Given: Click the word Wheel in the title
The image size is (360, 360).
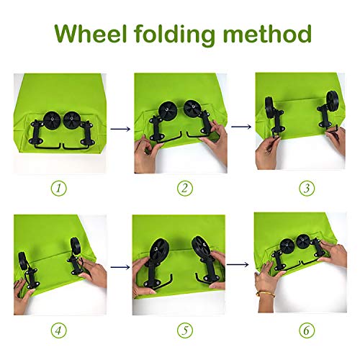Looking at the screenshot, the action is pos(91,33).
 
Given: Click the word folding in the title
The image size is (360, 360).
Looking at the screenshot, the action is pos(175,35).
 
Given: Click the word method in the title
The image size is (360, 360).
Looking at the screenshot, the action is pos(267,33).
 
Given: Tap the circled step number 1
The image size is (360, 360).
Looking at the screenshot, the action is pos(59,188).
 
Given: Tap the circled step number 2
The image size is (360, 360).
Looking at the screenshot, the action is pos(185,188).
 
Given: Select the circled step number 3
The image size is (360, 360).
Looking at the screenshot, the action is pos(307,188).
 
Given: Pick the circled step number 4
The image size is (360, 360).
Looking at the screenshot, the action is pos(59,330).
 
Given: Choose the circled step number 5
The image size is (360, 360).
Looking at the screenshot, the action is pos(185,330).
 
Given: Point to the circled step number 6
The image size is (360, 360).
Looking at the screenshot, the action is pos(307,330).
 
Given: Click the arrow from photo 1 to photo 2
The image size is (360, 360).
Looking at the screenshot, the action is pos(120,129).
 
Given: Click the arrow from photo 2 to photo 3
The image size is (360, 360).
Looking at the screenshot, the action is pos(241,127).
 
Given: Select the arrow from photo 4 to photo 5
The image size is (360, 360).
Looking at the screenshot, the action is pos(120,267).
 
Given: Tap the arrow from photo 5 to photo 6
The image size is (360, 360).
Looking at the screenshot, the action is pos(238,264).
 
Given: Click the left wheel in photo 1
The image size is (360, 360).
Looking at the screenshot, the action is pos(51,120).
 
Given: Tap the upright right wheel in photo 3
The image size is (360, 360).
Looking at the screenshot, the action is pos(333,99).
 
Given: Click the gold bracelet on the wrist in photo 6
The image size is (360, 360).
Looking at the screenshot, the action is pos(266,294).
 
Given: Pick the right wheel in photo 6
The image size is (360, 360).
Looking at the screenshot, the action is pos(303,241).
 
